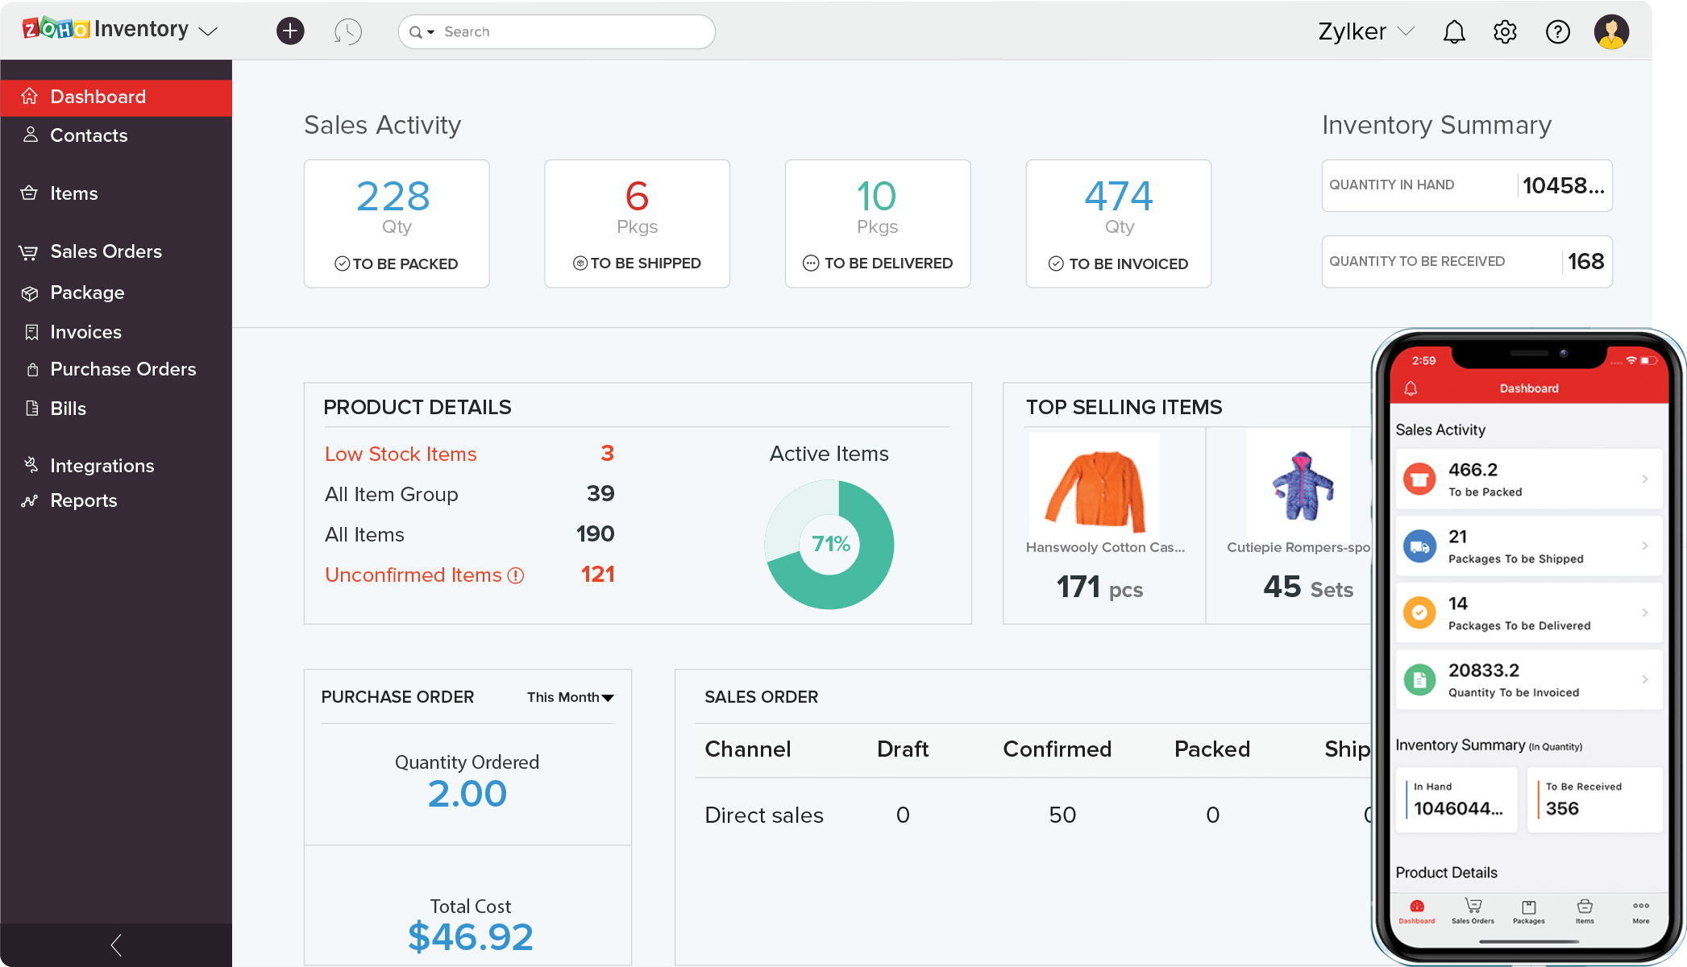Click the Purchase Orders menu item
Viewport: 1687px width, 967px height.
click(x=123, y=369)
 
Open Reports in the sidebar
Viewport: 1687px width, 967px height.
click(x=83, y=500)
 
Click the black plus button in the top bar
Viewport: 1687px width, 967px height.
click(x=290, y=31)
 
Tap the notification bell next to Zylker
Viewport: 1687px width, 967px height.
click(x=1454, y=32)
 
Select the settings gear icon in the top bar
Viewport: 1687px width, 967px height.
click(x=1505, y=32)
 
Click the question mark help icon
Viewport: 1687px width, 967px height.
click(x=1557, y=32)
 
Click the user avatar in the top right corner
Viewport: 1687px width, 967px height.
click(x=1611, y=32)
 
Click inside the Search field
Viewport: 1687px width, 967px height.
click(x=564, y=32)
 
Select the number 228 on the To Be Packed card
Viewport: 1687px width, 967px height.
click(x=393, y=196)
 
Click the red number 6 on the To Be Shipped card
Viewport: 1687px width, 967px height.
click(x=637, y=196)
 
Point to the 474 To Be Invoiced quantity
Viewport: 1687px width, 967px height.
click(x=1118, y=196)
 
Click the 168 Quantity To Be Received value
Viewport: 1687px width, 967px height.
click(x=1585, y=261)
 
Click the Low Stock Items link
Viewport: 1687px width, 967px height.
click(x=401, y=454)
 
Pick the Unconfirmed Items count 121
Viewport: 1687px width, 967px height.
click(x=597, y=575)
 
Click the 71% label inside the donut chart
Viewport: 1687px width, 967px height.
click(x=831, y=544)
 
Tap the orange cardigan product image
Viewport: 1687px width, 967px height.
click(x=1095, y=486)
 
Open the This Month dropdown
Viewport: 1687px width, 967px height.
click(x=570, y=697)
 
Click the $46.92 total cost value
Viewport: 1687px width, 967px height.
click(x=470, y=936)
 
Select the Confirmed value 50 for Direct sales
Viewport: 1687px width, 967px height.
click(x=1062, y=815)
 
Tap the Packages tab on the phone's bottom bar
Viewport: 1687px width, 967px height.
click(x=1528, y=911)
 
